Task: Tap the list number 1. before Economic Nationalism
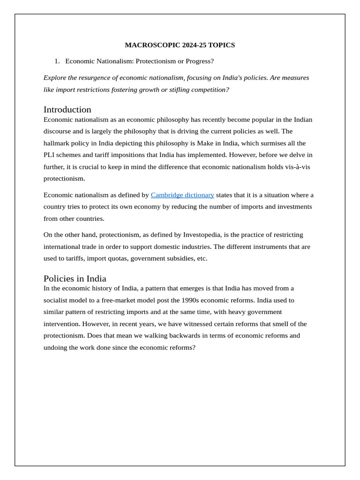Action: pos(57,61)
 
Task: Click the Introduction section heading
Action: pos(67,109)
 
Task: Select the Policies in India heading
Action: pos(75,278)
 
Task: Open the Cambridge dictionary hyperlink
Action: pos(182,195)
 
